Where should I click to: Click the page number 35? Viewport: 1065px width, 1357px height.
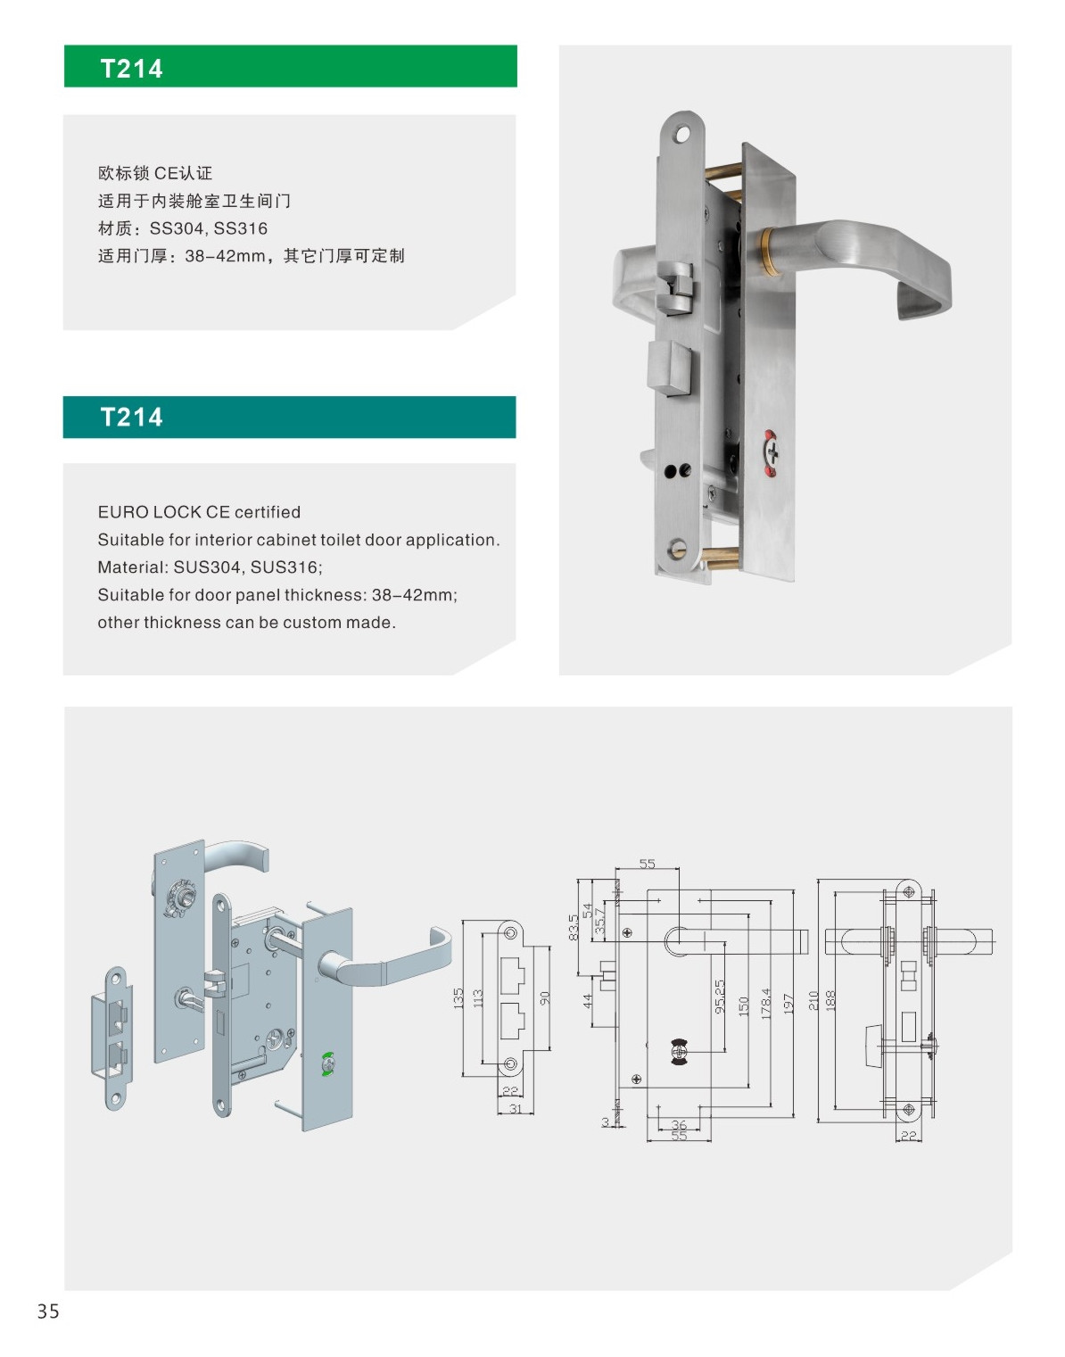pyautogui.click(x=48, y=1311)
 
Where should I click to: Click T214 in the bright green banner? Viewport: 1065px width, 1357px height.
pyautogui.click(x=132, y=69)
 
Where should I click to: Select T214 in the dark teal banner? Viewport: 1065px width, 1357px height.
pyautogui.click(x=132, y=418)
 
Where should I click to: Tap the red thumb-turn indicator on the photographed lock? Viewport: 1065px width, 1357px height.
pyautogui.click(x=772, y=445)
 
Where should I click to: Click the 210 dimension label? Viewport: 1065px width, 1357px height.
pyautogui.click(x=813, y=1000)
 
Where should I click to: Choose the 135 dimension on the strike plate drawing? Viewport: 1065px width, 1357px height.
pyautogui.click(x=458, y=998)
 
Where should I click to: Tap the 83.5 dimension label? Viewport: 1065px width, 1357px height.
pyautogui.click(x=574, y=927)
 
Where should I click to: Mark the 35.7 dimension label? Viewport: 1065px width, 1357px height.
pyautogui.click(x=600, y=921)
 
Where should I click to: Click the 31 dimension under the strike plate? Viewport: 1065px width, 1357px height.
pyautogui.click(x=515, y=1108)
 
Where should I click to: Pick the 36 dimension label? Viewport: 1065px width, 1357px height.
pyautogui.click(x=679, y=1125)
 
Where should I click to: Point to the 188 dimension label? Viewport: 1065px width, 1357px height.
pyautogui.click(x=830, y=1000)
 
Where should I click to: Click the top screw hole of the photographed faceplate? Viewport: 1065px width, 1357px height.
pyautogui.click(x=684, y=133)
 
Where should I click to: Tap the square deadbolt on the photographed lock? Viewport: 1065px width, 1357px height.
pyautogui.click(x=670, y=368)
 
